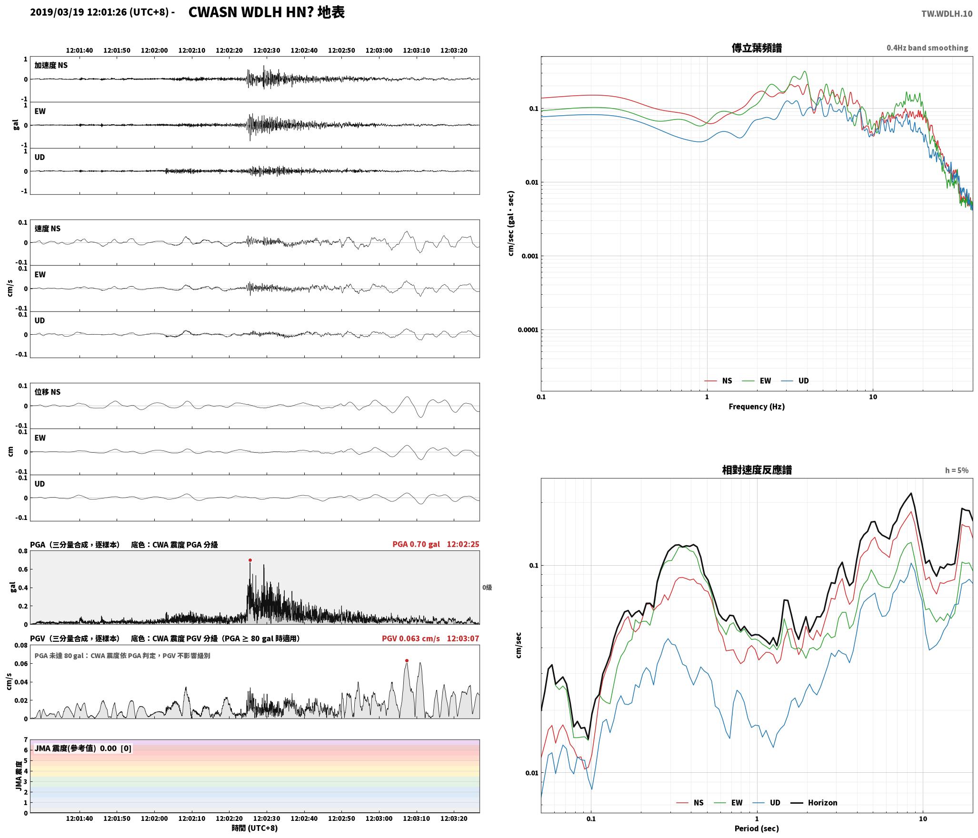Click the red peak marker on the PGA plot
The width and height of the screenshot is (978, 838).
click(x=250, y=560)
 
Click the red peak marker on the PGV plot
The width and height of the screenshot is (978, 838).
click(x=407, y=660)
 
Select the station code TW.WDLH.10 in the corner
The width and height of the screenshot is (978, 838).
click(x=947, y=14)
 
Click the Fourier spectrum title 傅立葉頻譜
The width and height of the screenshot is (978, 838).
click(x=757, y=48)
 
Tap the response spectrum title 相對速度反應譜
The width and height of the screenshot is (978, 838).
click(x=757, y=470)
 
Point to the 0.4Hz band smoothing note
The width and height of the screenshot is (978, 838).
click(x=927, y=48)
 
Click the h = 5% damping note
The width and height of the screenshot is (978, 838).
click(x=957, y=470)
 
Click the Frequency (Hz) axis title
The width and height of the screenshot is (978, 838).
click(x=757, y=407)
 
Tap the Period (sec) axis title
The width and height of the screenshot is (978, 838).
click(x=757, y=828)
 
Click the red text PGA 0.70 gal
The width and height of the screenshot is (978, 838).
click(x=416, y=544)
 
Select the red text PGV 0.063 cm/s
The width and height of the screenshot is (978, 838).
click(x=411, y=638)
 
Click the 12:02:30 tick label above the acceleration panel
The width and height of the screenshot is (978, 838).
click(x=267, y=50)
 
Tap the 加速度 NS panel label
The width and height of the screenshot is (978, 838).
click(x=51, y=65)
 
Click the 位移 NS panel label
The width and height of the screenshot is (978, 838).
click(x=48, y=392)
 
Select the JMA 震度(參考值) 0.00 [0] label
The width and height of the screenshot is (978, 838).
click(x=83, y=748)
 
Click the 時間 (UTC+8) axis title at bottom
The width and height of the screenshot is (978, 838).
click(x=255, y=828)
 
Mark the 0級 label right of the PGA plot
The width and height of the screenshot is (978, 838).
click(x=487, y=588)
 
